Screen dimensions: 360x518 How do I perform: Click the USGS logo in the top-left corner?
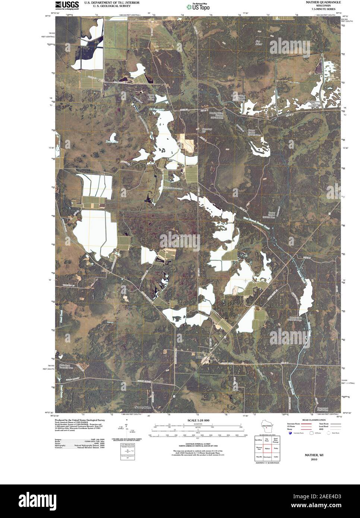[x=67, y=5]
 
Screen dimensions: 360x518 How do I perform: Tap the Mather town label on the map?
[x=200, y=357]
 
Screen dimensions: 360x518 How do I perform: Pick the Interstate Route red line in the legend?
[x=305, y=424]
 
